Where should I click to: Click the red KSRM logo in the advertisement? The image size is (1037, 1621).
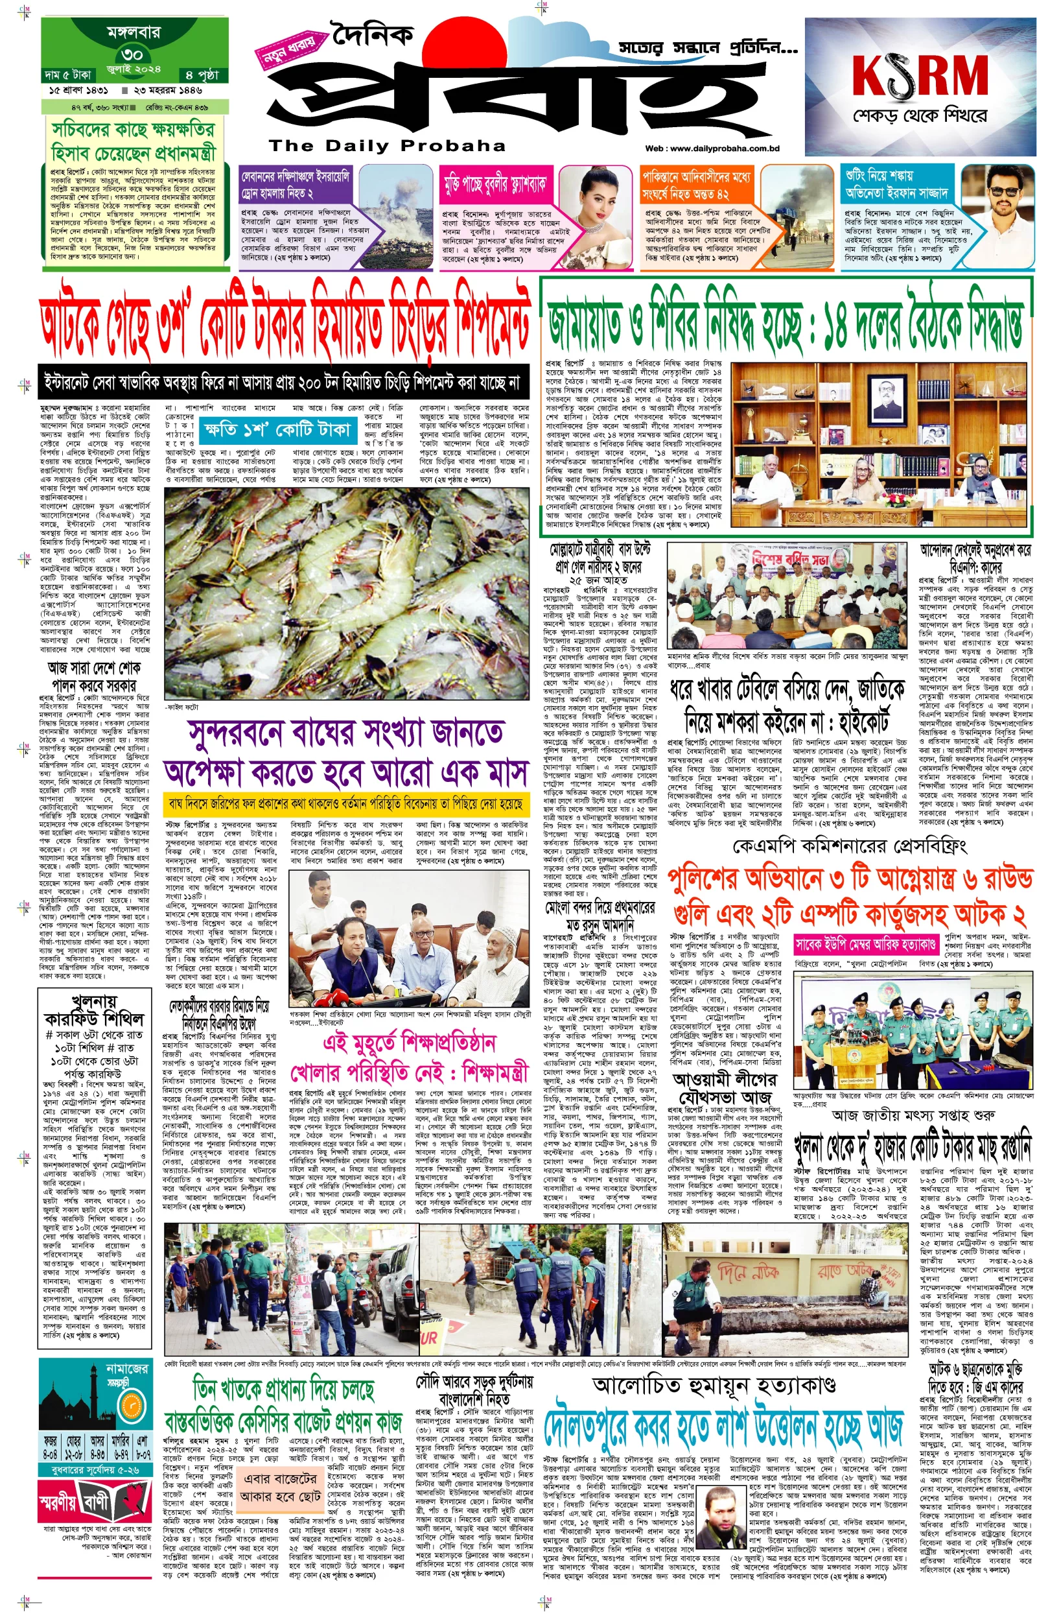(x=920, y=75)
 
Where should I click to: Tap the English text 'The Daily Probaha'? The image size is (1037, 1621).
(x=386, y=145)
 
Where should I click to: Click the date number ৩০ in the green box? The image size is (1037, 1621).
(x=133, y=54)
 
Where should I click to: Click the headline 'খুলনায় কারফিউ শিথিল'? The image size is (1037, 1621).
(x=93, y=1008)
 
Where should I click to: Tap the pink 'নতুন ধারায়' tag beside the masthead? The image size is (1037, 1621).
(x=288, y=51)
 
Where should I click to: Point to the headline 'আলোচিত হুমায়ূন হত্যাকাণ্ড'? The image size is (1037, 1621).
(x=714, y=1367)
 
